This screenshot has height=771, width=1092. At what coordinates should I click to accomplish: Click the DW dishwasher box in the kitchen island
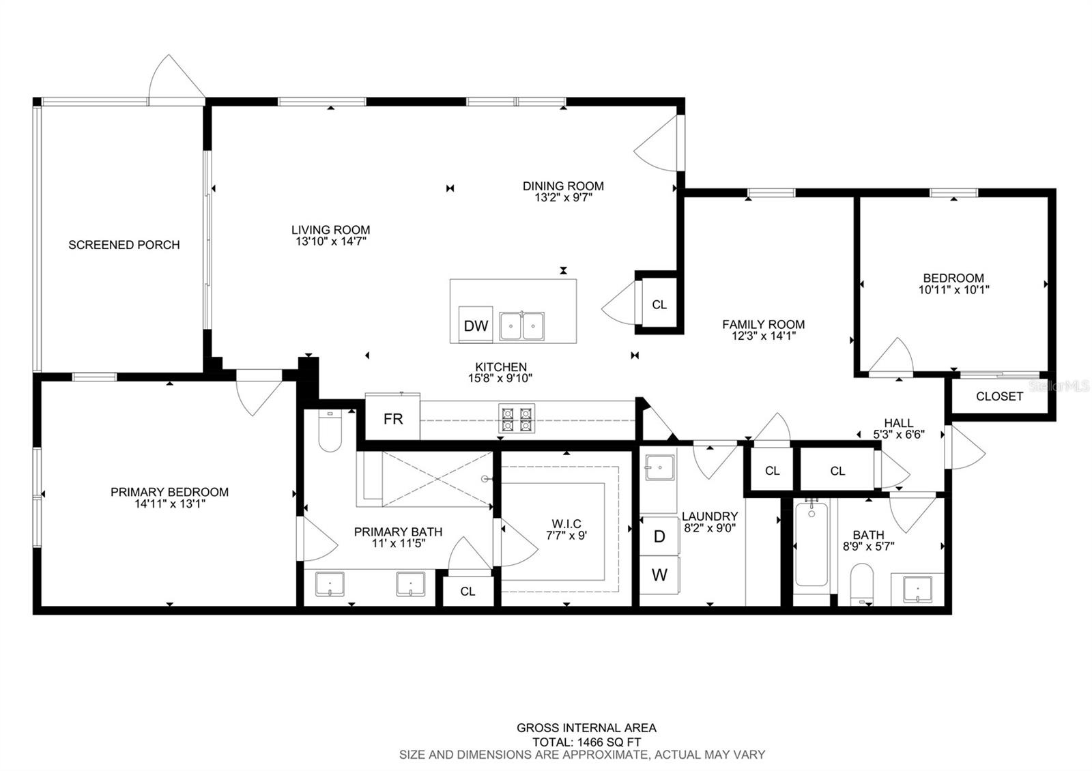point(475,325)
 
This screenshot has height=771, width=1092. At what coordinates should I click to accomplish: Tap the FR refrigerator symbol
point(392,417)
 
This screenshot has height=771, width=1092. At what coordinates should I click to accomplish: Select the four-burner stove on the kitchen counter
point(517,418)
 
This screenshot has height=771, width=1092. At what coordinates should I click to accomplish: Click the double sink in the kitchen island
point(521,325)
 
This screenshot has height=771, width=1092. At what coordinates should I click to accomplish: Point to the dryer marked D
point(659,536)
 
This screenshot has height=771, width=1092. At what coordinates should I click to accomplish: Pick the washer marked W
point(659,575)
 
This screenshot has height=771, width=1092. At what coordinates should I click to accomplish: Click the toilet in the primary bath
point(330,431)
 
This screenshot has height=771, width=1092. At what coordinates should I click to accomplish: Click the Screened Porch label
point(124,245)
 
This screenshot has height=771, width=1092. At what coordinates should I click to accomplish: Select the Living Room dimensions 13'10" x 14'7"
point(330,242)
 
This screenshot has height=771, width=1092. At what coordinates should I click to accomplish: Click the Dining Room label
point(563,186)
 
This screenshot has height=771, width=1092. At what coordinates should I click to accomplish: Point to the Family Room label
point(764,324)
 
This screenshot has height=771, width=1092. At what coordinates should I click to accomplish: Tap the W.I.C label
point(566,523)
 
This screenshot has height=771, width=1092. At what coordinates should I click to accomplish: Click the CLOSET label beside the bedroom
point(999,396)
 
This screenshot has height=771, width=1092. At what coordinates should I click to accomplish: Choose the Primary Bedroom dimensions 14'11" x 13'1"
point(170,504)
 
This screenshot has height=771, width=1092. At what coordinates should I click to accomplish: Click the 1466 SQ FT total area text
point(609,742)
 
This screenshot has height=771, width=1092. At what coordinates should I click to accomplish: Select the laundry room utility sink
point(659,468)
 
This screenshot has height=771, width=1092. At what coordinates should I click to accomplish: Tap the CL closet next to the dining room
point(659,304)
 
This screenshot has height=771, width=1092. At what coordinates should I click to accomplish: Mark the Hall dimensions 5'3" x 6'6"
point(898,434)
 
